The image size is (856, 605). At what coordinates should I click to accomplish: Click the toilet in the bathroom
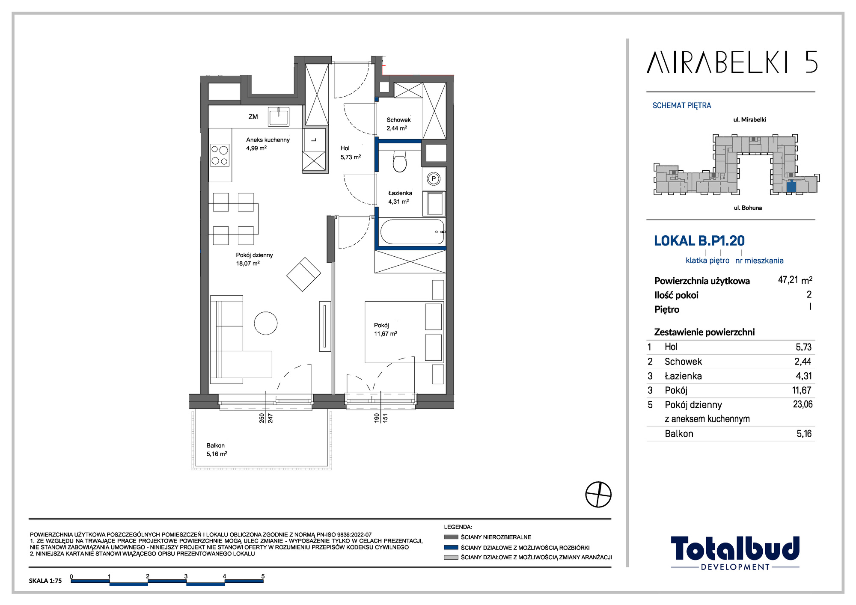pos(399,161)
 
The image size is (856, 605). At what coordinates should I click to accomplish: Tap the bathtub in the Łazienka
pos(413,232)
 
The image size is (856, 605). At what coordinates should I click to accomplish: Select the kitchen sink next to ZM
pos(279,116)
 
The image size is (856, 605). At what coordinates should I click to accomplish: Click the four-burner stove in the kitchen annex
pos(220,155)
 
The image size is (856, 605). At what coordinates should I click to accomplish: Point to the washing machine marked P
pos(434,178)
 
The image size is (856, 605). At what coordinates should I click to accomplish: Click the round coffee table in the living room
pos(266,323)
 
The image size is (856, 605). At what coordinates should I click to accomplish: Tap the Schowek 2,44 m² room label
pos(398,124)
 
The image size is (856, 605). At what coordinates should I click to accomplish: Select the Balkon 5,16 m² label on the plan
pos(217,450)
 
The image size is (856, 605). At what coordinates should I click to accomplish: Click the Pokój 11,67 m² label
pos(385,329)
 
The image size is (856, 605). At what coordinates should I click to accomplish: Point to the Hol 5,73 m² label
pos(351,153)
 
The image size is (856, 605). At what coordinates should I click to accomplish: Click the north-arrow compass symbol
pos(598,494)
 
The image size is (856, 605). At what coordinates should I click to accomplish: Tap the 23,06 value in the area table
pos(802,404)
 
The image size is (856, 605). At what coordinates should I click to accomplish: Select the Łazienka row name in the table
pos(683,376)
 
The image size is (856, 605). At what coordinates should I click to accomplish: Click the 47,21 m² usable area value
pos(795,280)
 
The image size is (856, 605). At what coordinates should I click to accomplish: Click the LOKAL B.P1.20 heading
pos(699,241)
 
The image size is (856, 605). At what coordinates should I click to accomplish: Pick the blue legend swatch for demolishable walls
pos(451,547)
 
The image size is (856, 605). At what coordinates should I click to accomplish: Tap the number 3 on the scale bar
pos(186,576)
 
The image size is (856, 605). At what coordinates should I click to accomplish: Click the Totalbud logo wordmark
pos(735,549)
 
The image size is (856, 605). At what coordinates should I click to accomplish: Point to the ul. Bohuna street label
pos(748,208)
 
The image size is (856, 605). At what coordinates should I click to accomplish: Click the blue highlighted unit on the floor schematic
pos(791,187)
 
